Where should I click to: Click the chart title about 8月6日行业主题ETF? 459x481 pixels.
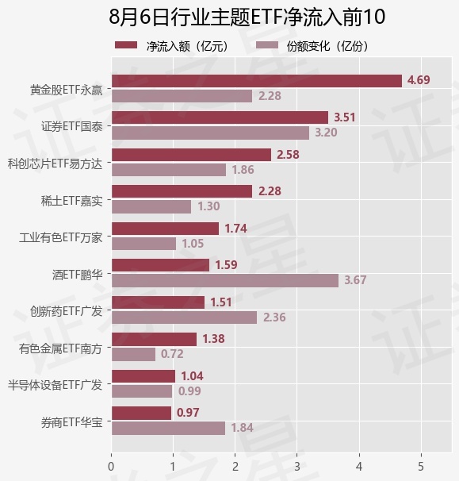pos(247,17)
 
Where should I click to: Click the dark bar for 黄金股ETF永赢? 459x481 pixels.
pos(257,81)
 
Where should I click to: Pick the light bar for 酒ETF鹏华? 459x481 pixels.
pos(225,281)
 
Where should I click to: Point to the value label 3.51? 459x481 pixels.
pos(344,117)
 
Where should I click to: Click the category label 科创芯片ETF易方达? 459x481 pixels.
pos(55,164)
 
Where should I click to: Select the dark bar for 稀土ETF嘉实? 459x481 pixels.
pos(182,191)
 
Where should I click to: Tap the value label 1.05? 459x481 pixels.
pos(193,244)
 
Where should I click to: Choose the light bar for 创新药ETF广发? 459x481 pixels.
pos(184,317)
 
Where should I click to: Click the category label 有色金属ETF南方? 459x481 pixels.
pos(60,348)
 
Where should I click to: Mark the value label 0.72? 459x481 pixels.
pos(172,354)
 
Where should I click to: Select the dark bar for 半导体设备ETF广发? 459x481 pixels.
pos(143,376)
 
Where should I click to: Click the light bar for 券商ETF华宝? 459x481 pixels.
pos(168,429)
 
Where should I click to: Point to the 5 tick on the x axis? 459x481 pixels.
pos(421,467)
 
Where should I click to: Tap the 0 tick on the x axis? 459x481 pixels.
pos(111,467)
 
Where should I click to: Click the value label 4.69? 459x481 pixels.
pos(419,80)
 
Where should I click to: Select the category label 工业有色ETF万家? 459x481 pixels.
pos(60,238)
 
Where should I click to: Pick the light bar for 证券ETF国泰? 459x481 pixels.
pos(210,133)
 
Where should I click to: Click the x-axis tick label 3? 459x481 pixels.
pos(297,467)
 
